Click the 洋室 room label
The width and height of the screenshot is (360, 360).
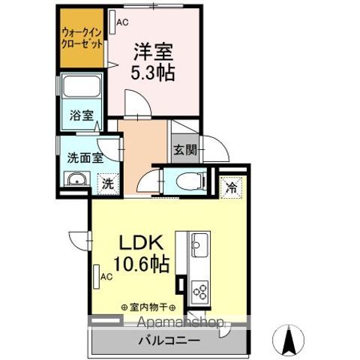(x=154, y=52)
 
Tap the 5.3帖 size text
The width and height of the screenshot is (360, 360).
(x=154, y=73)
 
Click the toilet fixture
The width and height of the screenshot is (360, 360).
(x=187, y=179)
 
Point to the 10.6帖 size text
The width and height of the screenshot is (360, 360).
(x=142, y=265)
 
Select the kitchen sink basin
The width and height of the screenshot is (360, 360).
(x=201, y=244)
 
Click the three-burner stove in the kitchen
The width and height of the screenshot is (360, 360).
(x=201, y=288)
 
